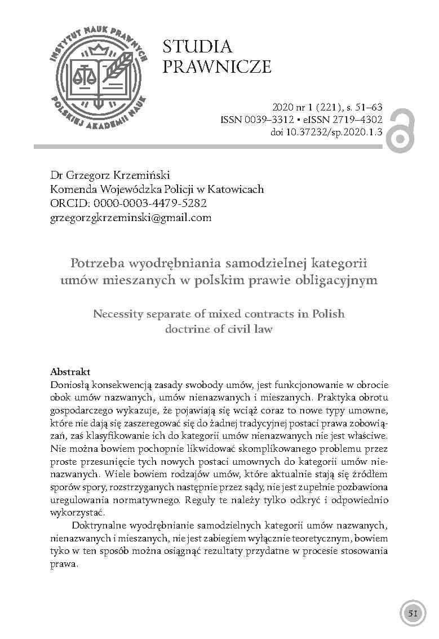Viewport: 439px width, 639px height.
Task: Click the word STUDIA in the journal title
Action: tap(197, 47)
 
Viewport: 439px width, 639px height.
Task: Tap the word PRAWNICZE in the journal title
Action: tap(217, 68)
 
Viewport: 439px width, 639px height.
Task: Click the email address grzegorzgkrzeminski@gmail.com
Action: tap(131, 217)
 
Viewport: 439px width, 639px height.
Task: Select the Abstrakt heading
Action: tap(70, 372)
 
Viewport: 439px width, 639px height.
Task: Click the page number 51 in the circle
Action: tap(413, 614)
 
